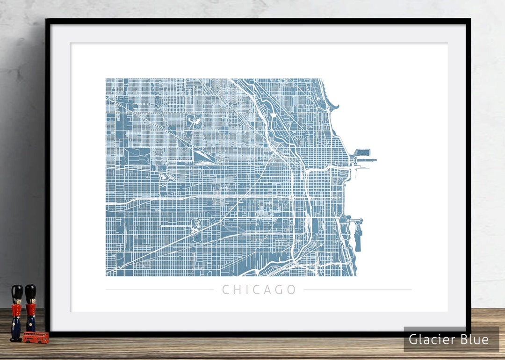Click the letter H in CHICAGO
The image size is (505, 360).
[x=237, y=290]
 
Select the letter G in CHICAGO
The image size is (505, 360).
[x=279, y=290]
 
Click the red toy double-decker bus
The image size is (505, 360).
[x=36, y=337]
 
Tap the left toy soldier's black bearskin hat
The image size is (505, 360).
[x=17, y=293]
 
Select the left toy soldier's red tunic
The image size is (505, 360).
[x=17, y=310]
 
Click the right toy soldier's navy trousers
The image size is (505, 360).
[x=31, y=323]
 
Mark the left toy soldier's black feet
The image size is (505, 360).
[x=16, y=339]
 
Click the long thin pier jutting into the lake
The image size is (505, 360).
[x=368, y=160]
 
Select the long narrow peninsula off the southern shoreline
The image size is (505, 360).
[x=358, y=236]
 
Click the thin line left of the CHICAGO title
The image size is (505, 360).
[x=159, y=290]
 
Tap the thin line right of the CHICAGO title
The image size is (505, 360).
[x=358, y=290]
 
